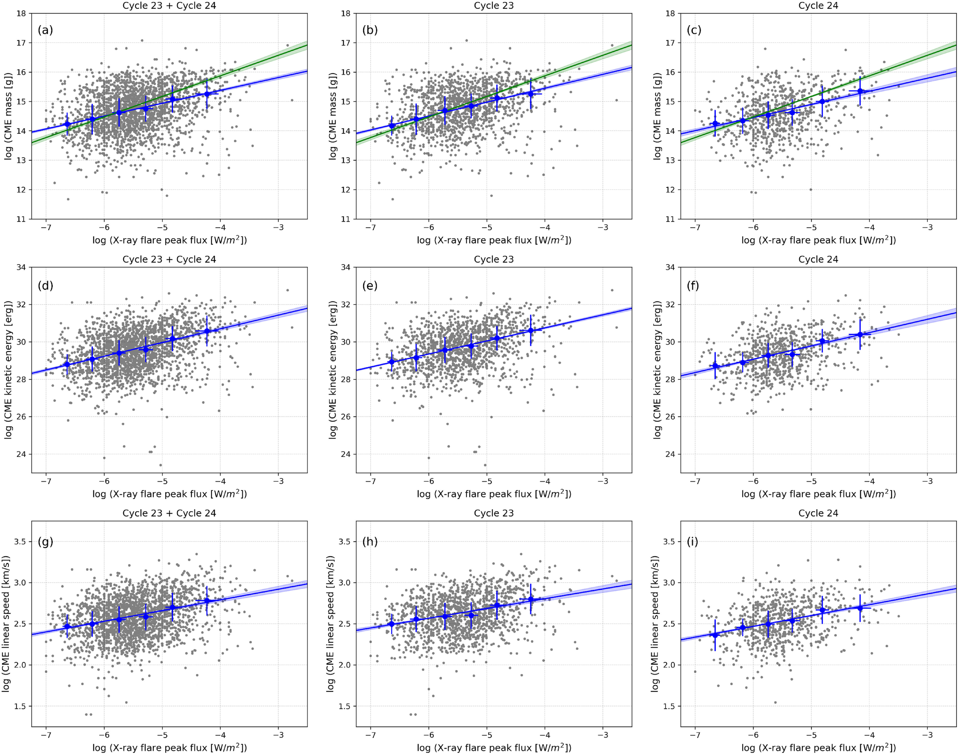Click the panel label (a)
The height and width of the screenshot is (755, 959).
pyautogui.click(x=45, y=30)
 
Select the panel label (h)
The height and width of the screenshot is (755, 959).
pyautogui.click(x=370, y=541)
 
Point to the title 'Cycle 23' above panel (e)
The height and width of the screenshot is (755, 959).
pyautogui.click(x=493, y=260)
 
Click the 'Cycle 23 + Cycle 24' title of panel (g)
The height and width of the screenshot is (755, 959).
pyautogui.click(x=169, y=513)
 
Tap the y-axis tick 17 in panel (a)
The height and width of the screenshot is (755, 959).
pyautogui.click(x=21, y=43)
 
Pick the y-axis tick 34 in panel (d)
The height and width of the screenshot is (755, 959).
pyautogui.click(x=21, y=267)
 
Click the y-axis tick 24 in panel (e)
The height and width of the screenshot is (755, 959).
pyautogui.click(x=346, y=454)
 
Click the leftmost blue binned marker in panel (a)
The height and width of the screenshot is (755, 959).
pyautogui.click(x=67, y=124)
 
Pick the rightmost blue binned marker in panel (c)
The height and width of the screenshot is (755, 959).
pyautogui.click(x=860, y=91)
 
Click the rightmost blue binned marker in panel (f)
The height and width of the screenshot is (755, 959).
pyautogui.click(x=860, y=335)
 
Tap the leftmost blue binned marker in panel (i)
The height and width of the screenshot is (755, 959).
pyautogui.click(x=715, y=635)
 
